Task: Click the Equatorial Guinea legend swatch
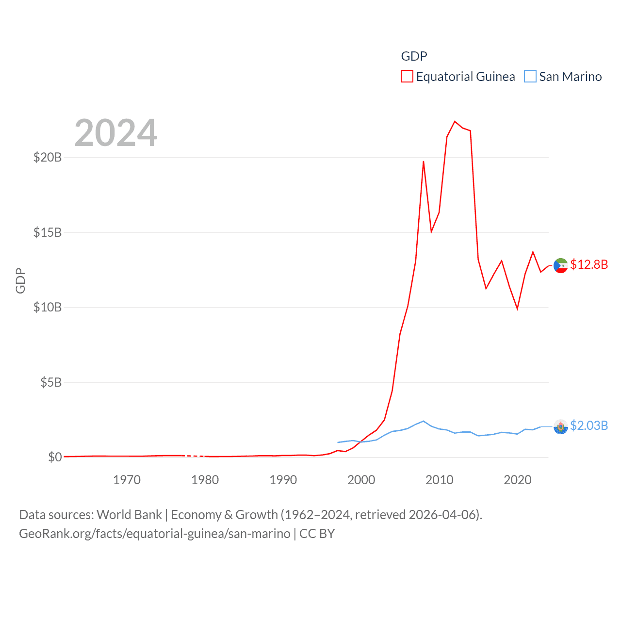point(407,77)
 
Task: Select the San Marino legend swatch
point(530,77)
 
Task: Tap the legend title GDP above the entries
point(414,56)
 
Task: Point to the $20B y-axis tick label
point(48,157)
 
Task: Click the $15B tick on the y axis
point(48,232)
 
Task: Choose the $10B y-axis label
point(48,307)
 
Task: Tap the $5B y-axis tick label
point(51,382)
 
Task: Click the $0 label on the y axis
point(55,457)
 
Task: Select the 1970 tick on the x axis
point(127,480)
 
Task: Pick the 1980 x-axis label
point(205,480)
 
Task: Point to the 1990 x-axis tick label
point(283,480)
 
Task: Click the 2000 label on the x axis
point(361,480)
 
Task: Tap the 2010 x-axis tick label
point(439,480)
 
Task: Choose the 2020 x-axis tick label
point(517,480)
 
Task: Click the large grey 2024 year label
point(116,133)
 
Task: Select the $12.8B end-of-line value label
point(589,264)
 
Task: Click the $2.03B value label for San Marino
point(589,425)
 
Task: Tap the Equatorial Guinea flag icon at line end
point(561,265)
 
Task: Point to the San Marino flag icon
point(561,426)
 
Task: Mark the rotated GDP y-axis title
point(20,280)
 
